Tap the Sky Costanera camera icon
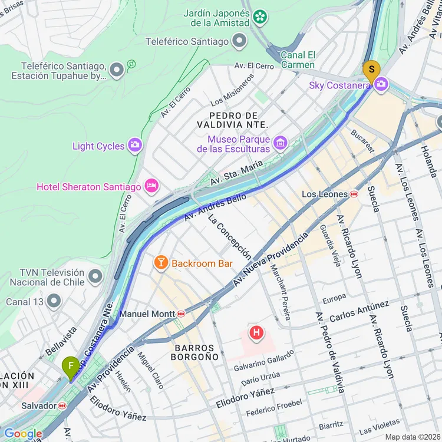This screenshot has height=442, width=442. [x=381, y=85]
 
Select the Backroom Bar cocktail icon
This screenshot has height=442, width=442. [x=160, y=263]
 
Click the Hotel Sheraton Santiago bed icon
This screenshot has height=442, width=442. [x=151, y=187]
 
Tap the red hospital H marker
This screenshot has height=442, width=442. [x=256, y=334]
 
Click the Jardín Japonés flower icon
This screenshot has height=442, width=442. [x=260, y=18]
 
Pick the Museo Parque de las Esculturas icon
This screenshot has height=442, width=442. [x=280, y=142]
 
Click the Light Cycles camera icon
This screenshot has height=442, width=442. [x=135, y=146]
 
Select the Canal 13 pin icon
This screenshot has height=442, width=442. [x=54, y=302]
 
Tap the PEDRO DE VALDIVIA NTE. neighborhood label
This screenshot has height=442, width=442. [x=238, y=120]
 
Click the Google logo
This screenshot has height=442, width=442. [x=22, y=434]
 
